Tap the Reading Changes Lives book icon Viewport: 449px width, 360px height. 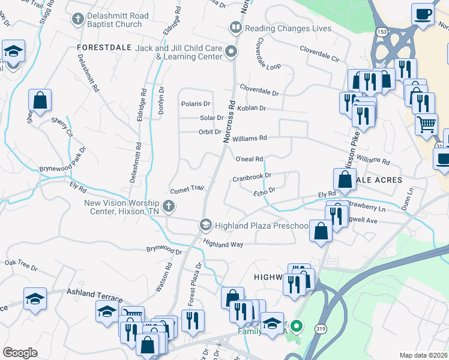click(236, 28)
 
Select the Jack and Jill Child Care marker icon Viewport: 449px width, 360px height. click(231, 52)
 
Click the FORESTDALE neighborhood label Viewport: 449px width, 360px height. click(103, 46)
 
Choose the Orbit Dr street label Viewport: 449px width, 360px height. click(210, 132)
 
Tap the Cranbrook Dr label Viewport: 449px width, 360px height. click(252, 177)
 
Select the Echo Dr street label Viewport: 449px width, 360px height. click(264, 191)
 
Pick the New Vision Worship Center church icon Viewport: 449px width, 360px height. click(169, 207)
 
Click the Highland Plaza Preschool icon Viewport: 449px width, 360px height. click(205, 225)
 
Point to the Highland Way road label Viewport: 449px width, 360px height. click(223, 244)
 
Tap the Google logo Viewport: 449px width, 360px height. click(20, 353)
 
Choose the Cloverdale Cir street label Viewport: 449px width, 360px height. click(319, 59)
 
